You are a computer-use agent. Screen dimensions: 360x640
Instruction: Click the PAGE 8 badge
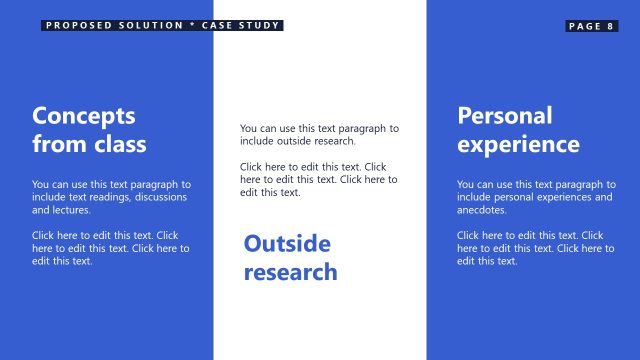click(592, 26)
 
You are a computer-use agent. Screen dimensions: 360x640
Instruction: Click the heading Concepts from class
click(89, 129)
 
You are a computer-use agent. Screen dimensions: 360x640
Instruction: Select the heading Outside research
click(290, 257)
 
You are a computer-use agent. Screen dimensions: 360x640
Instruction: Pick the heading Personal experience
click(518, 129)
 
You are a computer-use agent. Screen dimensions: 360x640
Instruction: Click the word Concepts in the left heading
click(83, 115)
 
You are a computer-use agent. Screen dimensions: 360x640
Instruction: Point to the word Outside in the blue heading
click(287, 243)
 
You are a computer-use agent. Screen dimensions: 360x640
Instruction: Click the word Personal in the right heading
click(505, 115)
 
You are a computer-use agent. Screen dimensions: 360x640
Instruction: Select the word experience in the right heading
click(518, 144)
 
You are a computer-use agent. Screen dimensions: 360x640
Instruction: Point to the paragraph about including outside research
click(319, 135)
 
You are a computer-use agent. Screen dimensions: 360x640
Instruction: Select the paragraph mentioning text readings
click(111, 198)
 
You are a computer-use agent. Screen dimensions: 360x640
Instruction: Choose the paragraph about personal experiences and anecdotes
click(536, 198)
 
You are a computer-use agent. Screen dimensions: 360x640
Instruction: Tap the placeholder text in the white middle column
click(318, 180)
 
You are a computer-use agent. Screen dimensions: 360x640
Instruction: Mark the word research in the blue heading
click(290, 272)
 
